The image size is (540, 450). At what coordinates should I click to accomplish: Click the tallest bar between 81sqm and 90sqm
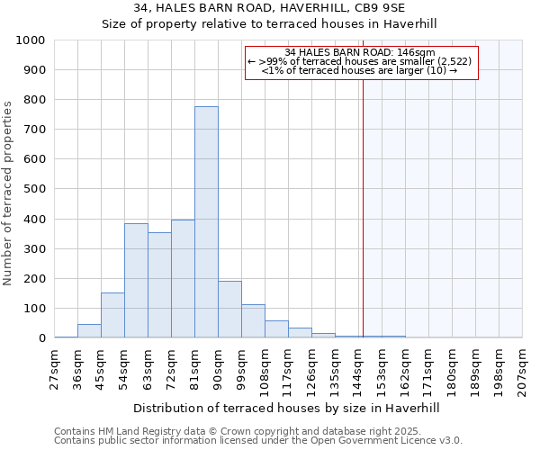[x=206, y=222]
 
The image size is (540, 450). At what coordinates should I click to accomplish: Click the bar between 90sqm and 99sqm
[x=229, y=310]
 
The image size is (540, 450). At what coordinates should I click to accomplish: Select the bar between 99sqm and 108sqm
[x=253, y=321]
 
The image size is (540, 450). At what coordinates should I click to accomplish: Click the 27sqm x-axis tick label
[x=55, y=368]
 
